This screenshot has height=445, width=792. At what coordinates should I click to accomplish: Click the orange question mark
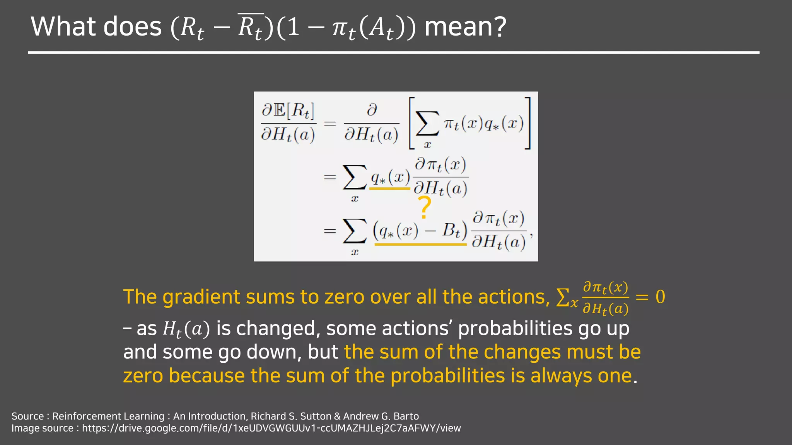tap(425, 207)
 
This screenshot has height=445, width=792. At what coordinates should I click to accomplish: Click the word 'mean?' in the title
tap(465, 27)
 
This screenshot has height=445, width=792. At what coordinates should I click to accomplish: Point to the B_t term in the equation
tap(451, 231)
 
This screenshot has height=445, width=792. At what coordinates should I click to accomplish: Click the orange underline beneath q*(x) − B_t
tap(420, 245)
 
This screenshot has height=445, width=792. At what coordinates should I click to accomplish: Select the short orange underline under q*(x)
tap(389, 189)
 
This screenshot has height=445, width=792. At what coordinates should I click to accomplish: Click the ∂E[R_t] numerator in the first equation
tap(288, 111)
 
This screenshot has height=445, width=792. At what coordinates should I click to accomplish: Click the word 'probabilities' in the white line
tap(515, 329)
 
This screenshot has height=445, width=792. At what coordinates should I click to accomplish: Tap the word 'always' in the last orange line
tap(561, 376)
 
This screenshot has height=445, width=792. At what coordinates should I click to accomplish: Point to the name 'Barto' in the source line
tap(406, 416)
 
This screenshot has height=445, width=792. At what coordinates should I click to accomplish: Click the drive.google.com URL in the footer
tap(271, 428)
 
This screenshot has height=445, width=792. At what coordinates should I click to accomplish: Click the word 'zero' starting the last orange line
tap(143, 376)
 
